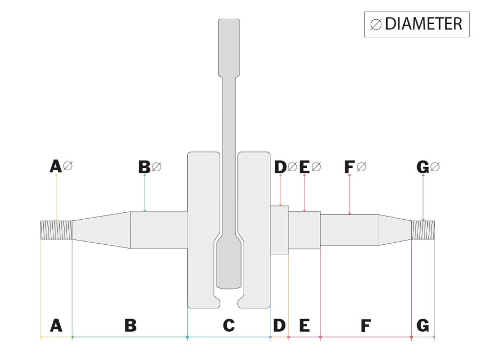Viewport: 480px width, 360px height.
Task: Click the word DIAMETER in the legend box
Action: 423,24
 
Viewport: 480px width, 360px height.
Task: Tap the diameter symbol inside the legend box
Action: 375,25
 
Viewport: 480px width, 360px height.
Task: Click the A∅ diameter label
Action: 61,167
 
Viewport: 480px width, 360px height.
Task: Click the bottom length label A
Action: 56,325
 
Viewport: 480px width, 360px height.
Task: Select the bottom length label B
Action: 130,325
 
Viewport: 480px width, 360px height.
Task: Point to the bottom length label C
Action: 228,325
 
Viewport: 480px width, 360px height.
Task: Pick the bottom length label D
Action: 279,325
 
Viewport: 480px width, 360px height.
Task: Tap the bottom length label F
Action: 365,325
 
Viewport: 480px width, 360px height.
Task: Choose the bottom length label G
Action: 422,325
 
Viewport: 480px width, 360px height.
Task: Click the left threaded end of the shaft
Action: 57,230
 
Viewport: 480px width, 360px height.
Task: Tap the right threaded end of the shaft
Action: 423,230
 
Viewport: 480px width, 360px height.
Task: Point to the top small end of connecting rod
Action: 229,45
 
